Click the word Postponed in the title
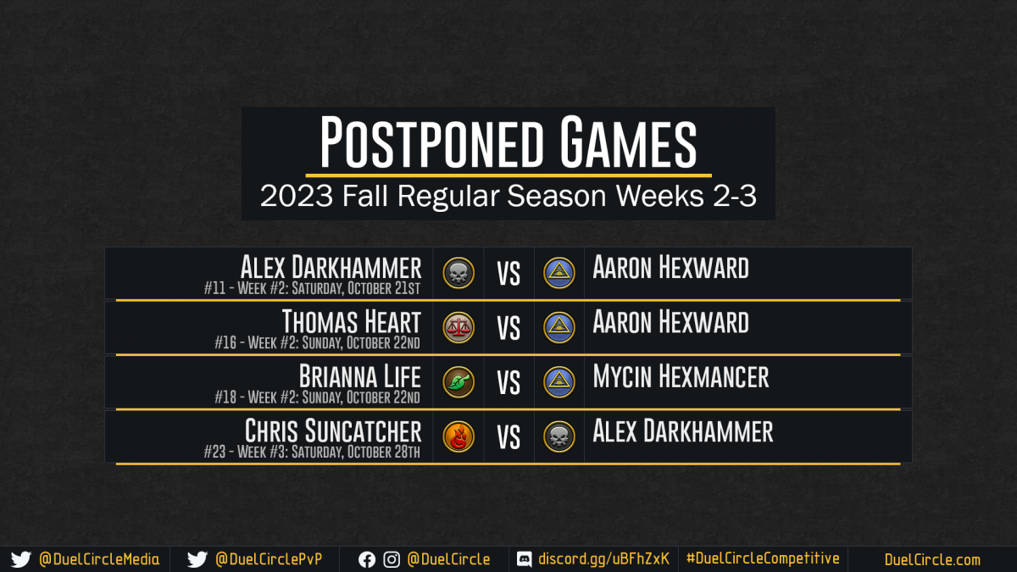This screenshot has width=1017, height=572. pyautogui.click(x=431, y=142)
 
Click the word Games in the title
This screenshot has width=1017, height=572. pyautogui.click(x=628, y=142)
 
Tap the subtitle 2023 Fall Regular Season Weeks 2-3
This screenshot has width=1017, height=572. pyautogui.click(x=508, y=196)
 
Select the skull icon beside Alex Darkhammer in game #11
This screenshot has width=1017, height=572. pyautogui.click(x=458, y=273)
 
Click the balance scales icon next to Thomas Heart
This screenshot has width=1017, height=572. pyautogui.click(x=458, y=328)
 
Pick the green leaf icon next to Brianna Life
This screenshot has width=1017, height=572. pyautogui.click(x=458, y=382)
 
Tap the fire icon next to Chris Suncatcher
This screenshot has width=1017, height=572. pyautogui.click(x=458, y=436)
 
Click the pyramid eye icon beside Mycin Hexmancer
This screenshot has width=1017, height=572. pyautogui.click(x=559, y=382)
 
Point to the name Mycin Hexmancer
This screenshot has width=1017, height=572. pyautogui.click(x=681, y=377)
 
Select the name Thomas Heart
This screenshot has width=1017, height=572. pyautogui.click(x=352, y=322)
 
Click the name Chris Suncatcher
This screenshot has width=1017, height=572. pyautogui.click(x=333, y=430)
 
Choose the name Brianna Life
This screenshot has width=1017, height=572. pyautogui.click(x=359, y=376)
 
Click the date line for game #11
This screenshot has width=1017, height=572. pyautogui.click(x=312, y=288)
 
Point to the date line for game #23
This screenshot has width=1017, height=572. pyautogui.click(x=312, y=452)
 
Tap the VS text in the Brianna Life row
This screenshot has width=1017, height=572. pyautogui.click(x=508, y=383)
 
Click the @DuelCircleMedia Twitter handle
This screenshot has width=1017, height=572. pyautogui.click(x=99, y=559)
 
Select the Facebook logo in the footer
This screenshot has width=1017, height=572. pyautogui.click(x=367, y=560)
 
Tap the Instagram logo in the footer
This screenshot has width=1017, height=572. pyautogui.click(x=392, y=560)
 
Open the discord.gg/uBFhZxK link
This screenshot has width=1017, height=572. pyautogui.click(x=603, y=559)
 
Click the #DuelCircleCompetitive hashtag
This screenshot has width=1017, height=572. pyautogui.click(x=763, y=558)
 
